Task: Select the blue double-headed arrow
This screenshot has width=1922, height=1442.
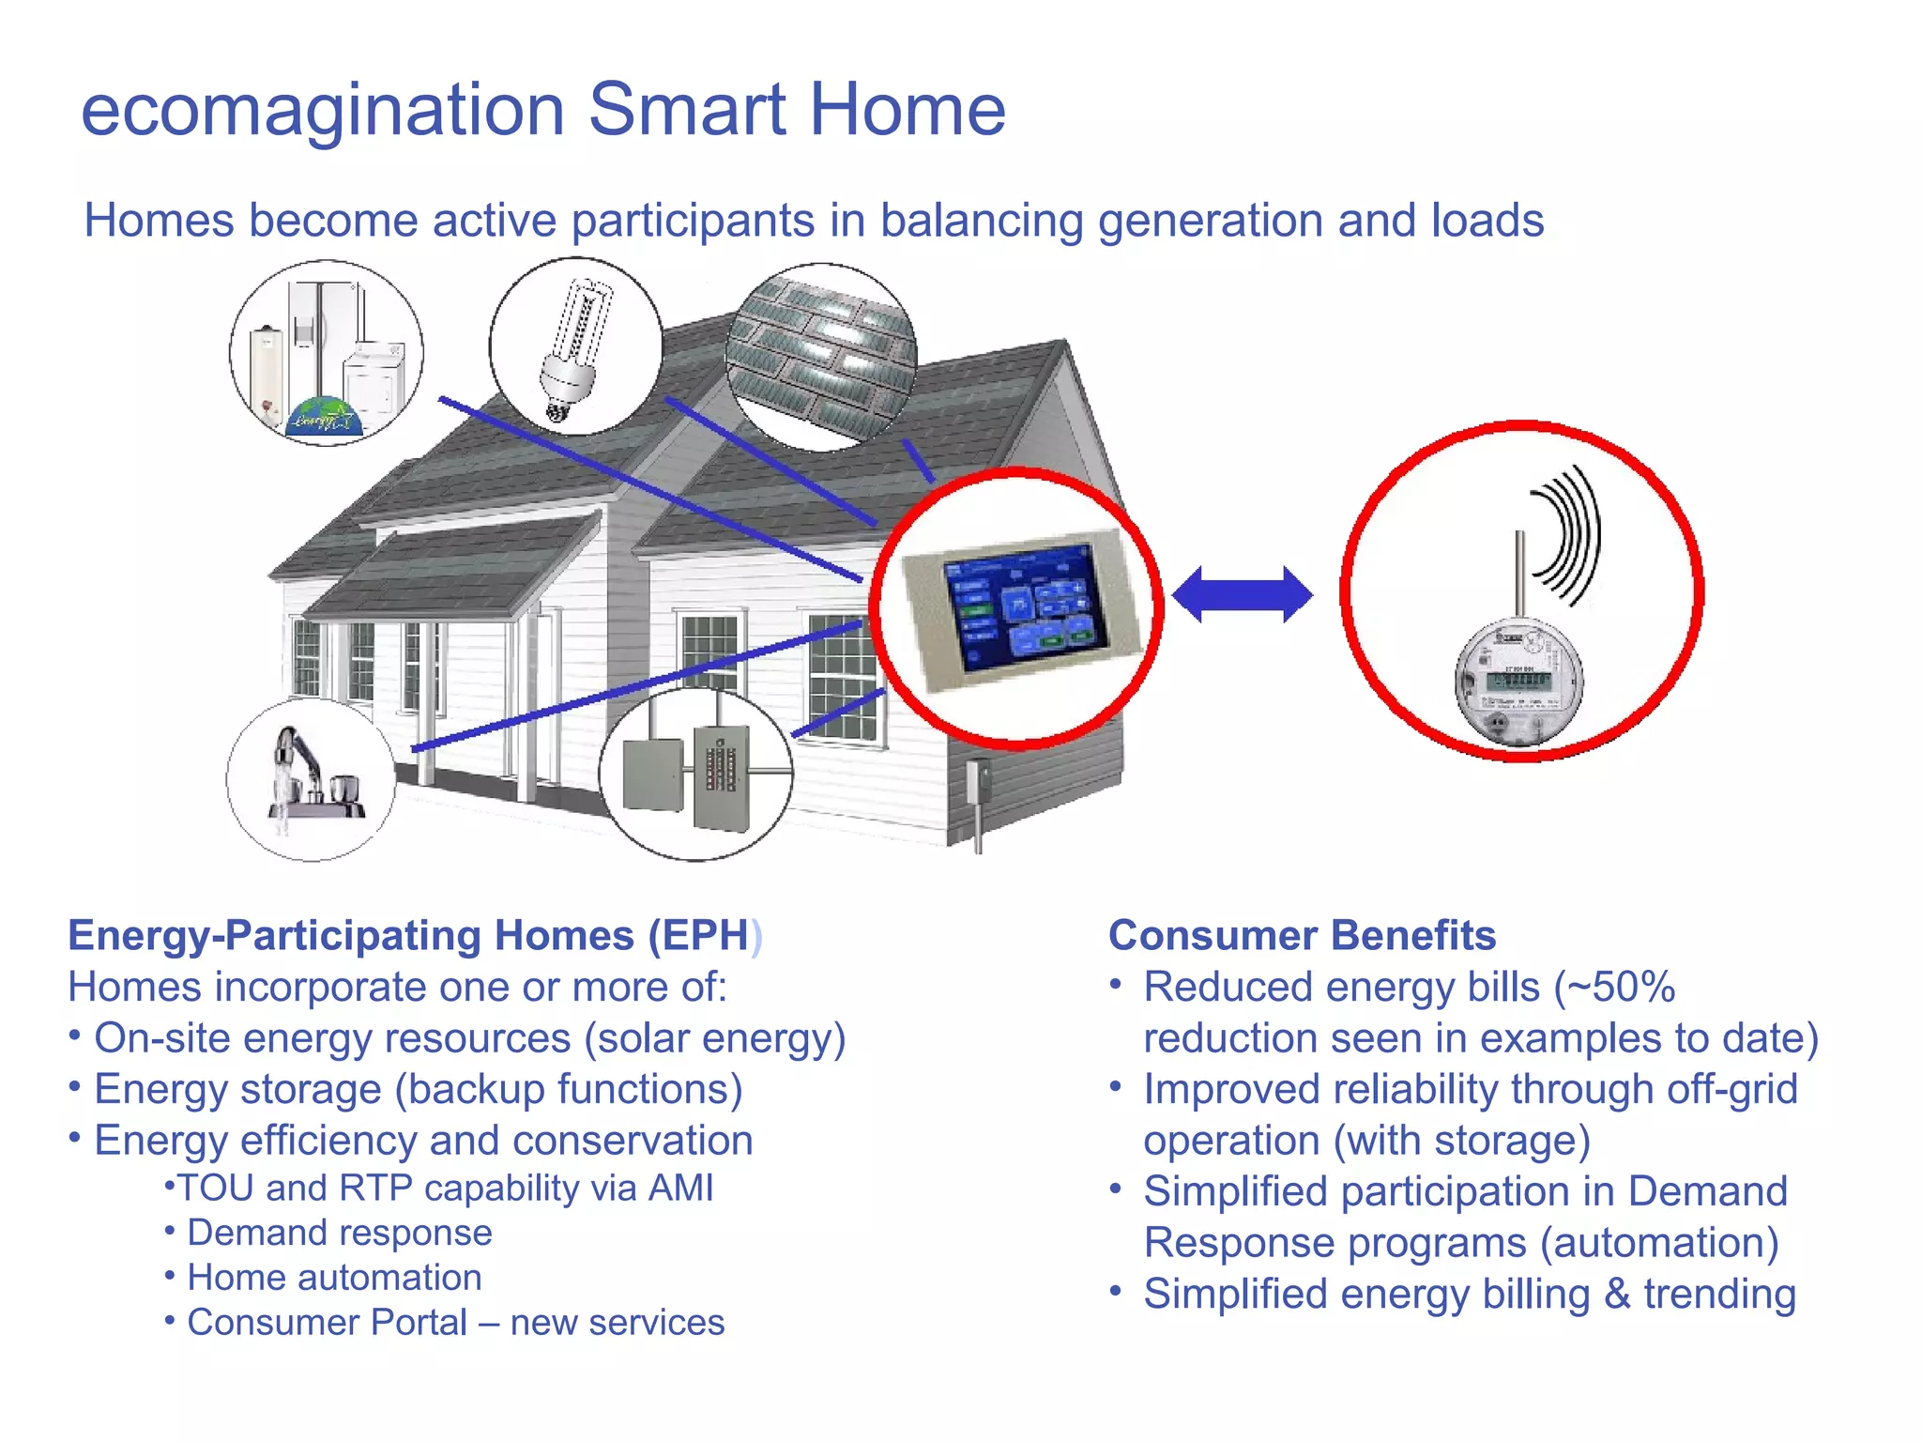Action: click(1242, 594)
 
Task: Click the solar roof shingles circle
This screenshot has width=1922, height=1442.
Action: click(822, 357)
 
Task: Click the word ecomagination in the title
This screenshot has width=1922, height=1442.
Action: click(322, 111)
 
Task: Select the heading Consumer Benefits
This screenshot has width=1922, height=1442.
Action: click(1302, 935)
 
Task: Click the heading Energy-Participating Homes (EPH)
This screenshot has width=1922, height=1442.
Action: click(413, 935)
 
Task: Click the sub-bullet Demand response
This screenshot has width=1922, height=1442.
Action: click(339, 1233)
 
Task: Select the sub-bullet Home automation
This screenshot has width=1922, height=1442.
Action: click(334, 1278)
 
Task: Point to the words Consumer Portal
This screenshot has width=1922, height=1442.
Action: click(327, 1323)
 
